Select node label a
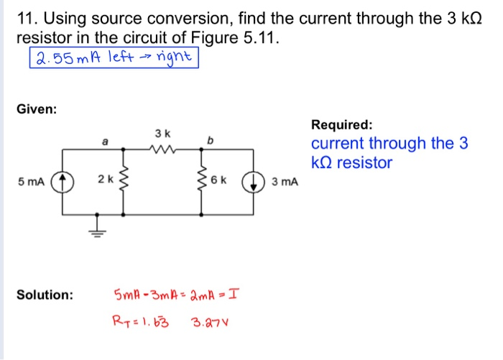tap(105, 142)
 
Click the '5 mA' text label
tap(31, 182)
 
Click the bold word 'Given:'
tap(37, 110)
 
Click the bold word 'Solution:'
tap(45, 295)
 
